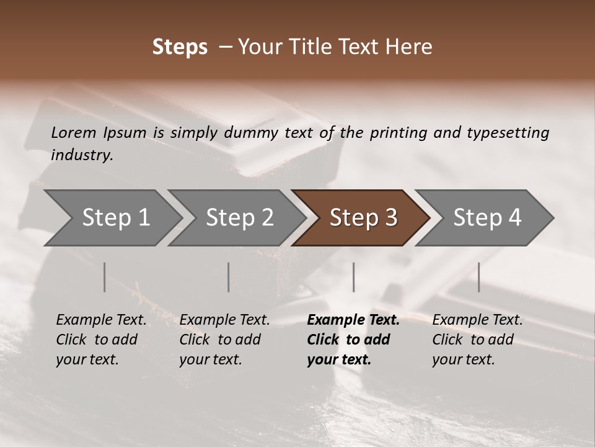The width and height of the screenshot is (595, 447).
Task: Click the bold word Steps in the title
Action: click(x=180, y=47)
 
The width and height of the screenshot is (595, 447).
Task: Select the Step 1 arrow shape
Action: click(x=112, y=218)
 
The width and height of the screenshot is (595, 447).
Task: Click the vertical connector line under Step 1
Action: click(x=105, y=277)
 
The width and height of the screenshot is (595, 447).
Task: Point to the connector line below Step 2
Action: click(x=229, y=277)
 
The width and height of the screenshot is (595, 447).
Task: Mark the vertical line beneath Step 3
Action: click(x=354, y=277)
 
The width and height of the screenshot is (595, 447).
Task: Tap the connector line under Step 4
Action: click(x=479, y=277)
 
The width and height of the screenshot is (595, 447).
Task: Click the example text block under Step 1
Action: click(x=101, y=340)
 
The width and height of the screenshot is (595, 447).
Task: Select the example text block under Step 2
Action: click(x=224, y=340)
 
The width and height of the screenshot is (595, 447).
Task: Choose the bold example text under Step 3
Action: click(x=353, y=340)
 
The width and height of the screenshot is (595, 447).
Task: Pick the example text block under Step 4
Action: click(x=477, y=340)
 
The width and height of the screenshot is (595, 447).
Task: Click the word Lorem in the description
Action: click(x=74, y=132)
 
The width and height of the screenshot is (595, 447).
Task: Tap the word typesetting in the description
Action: click(x=508, y=133)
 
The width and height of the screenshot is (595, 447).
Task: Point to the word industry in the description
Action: click(x=82, y=155)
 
